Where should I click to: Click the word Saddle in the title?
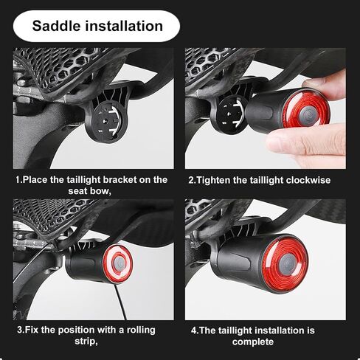[57, 26]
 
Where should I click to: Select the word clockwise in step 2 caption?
[308, 180]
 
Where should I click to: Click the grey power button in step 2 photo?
[307, 116]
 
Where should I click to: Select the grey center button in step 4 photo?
[288, 264]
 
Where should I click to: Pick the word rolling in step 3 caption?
[141, 330]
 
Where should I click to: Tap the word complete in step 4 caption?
[253, 342]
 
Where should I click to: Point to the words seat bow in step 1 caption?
[89, 191]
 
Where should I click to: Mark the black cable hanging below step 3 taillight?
[120, 301]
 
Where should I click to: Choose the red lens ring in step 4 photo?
[285, 263]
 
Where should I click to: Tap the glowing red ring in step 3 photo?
[118, 263]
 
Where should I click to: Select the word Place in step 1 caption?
[35, 180]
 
